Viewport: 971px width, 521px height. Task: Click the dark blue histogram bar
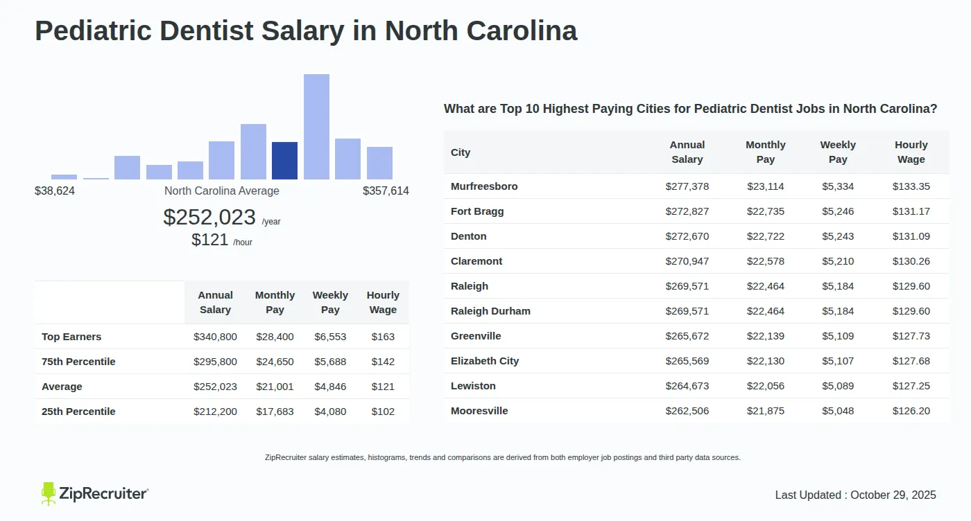point(284,161)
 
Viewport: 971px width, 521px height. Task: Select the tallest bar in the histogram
point(316,127)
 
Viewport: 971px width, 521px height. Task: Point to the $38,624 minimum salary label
point(55,191)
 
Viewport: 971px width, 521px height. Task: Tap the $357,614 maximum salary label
point(386,191)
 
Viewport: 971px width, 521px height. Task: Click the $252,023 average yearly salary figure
point(209,218)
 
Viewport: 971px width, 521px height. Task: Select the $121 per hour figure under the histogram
point(210,240)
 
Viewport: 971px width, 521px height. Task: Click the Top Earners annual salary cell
point(215,337)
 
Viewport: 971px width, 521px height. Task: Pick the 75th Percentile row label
point(78,362)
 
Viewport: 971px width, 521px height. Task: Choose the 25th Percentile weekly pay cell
point(330,412)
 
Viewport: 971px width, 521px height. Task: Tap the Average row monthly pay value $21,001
point(275,387)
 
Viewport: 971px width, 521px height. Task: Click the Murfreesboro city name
point(484,186)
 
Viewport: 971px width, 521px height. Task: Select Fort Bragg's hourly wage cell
point(911,211)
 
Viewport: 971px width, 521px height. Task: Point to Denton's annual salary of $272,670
point(687,236)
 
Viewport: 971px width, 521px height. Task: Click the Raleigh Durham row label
point(490,311)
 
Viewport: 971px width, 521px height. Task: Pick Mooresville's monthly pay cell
point(766,411)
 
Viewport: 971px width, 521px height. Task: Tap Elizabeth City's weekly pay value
point(838,361)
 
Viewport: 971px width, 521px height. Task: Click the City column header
point(461,152)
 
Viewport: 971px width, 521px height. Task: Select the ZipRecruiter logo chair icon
point(49,493)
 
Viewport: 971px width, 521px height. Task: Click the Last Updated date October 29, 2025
point(893,495)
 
